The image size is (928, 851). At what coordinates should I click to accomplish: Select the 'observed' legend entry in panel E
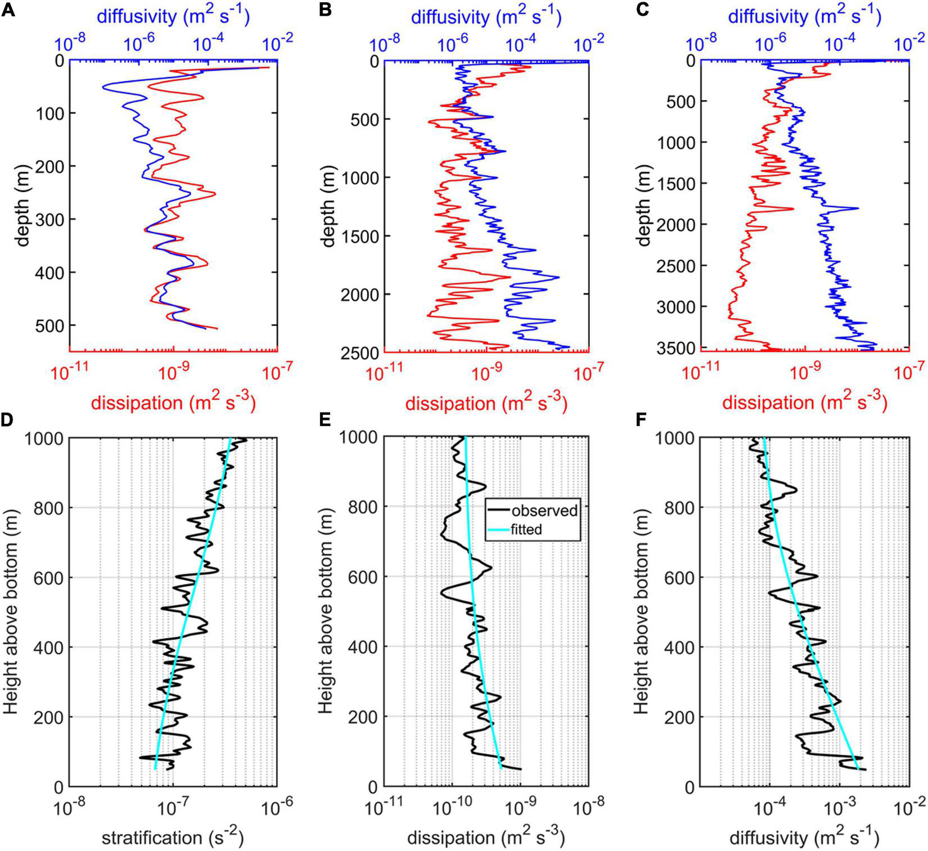click(543, 510)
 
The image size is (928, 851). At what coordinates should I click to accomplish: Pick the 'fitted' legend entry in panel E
click(526, 529)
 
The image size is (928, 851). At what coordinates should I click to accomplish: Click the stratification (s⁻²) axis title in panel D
click(172, 838)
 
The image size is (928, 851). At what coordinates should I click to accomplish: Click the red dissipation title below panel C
click(804, 402)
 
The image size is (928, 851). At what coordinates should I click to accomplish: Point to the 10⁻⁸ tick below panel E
click(588, 808)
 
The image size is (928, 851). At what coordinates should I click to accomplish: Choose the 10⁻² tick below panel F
click(909, 808)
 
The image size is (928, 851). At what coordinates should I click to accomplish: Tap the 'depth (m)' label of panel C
click(645, 206)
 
